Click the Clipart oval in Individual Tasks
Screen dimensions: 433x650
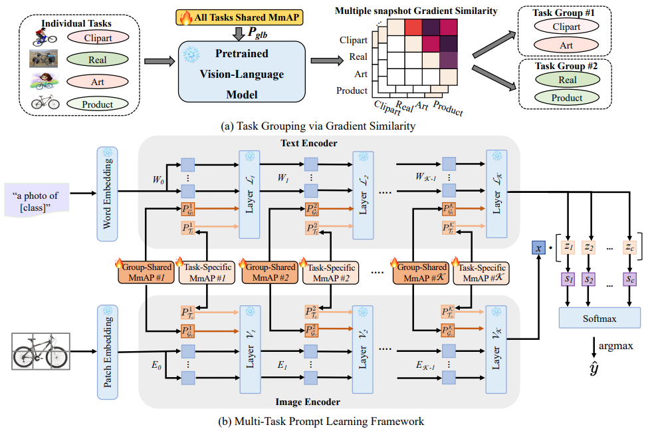pos(98,38)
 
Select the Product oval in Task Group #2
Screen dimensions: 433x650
pos(567,98)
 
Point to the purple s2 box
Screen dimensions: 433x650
pos(588,279)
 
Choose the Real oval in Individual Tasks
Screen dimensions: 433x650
pos(98,60)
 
